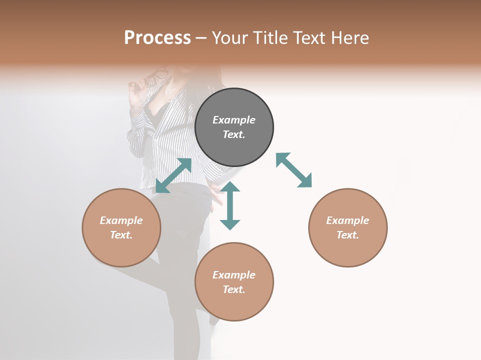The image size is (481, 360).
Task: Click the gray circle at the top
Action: click(234, 127)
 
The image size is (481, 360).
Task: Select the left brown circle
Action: click(121, 227)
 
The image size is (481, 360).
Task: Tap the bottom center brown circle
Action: click(234, 282)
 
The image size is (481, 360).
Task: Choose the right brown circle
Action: click(348, 227)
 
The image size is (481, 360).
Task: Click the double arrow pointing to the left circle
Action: click(173, 175)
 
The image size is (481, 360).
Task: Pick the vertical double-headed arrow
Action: click(230, 205)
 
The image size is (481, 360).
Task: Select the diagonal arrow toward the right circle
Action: click(294, 170)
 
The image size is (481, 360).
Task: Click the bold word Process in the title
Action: click(157, 38)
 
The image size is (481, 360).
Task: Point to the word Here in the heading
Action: click(350, 38)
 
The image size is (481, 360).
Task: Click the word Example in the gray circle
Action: click(234, 120)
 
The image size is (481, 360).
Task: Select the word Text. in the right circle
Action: click(348, 235)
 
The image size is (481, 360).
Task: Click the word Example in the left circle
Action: click(121, 220)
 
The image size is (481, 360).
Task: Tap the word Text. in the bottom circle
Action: click(234, 289)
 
